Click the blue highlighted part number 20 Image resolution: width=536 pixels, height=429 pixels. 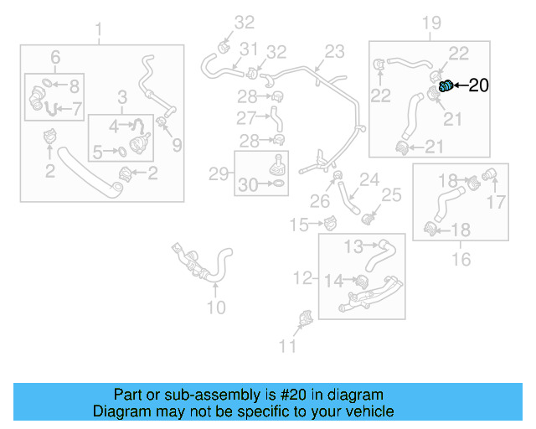coord(446,85)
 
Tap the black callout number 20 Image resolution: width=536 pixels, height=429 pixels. coord(478,85)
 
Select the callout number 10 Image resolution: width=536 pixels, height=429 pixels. coord(215,308)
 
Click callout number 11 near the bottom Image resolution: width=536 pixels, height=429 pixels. coord(287,345)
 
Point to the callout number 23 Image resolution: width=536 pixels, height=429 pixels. coord(334,52)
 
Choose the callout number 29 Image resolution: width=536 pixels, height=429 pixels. coord(219,174)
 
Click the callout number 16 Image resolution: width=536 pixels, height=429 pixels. coord(461,260)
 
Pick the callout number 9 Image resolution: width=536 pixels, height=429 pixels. coord(177,146)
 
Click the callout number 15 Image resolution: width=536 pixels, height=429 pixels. coord(300,224)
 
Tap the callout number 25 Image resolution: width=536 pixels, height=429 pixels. coord(392,195)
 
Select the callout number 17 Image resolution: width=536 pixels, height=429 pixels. coord(497,201)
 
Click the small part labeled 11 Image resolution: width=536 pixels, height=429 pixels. coord(305,320)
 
